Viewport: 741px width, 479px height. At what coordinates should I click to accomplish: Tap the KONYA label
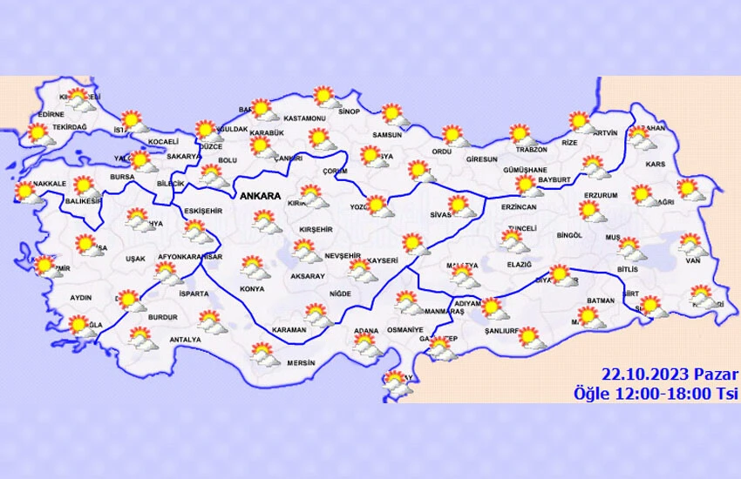[x=252, y=288]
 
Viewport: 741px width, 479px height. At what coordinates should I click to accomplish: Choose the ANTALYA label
[x=185, y=340]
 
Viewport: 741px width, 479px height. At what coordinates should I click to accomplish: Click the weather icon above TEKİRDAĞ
[x=38, y=133]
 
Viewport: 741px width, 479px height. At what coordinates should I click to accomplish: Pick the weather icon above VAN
[x=690, y=243]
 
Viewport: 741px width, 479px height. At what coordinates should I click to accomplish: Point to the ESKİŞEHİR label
[x=203, y=211]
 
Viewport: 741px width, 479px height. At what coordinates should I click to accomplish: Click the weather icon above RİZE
[x=580, y=121]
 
